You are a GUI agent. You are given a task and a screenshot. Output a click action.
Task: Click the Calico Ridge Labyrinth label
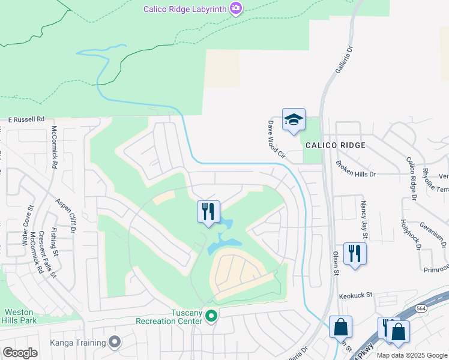pyautogui.click(x=184, y=8)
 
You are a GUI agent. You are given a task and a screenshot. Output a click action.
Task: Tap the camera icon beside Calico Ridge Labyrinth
pyautogui.click(x=236, y=8)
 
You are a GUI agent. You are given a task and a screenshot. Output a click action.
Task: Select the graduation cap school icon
pyautogui.click(x=294, y=120)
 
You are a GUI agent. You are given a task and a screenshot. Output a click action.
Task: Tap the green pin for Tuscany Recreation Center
pyautogui.click(x=211, y=315)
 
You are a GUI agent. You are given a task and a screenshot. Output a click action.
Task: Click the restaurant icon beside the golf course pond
pyautogui.click(x=208, y=212)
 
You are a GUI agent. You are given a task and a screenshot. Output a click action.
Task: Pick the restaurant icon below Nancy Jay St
pyautogui.click(x=355, y=253)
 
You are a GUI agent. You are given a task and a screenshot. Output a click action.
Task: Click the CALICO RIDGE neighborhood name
pyautogui.click(x=335, y=145)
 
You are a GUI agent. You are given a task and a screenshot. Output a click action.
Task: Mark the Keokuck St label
pyautogui.click(x=357, y=295)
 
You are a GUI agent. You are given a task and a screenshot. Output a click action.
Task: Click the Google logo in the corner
pyautogui.click(x=20, y=352)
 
